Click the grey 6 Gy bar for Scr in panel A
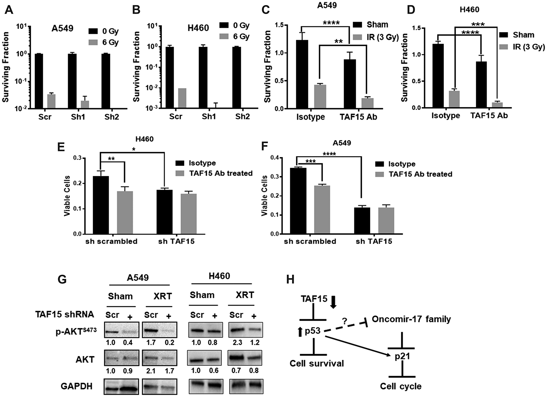(51, 101)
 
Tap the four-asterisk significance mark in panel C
(331, 23)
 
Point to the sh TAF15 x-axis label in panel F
(374, 241)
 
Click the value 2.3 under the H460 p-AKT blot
(237, 342)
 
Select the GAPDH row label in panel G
(77, 386)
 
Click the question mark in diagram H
(344, 321)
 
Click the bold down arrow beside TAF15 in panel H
(333, 302)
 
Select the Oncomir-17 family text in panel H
(411, 319)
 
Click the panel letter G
(62, 279)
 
